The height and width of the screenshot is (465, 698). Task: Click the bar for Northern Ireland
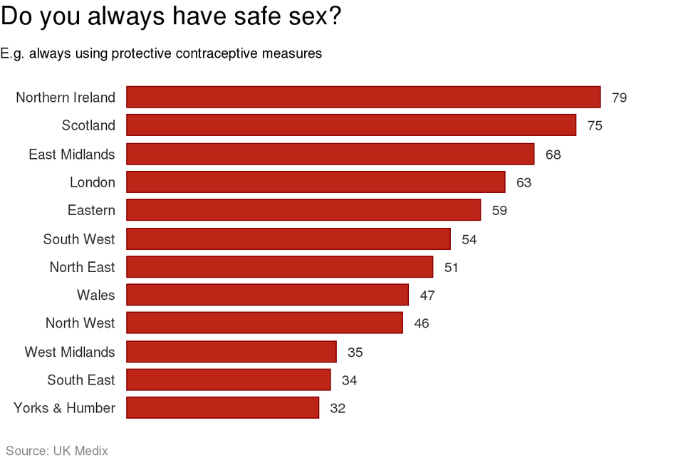pyautogui.click(x=363, y=97)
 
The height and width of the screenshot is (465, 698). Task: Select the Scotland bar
pyautogui.click(x=351, y=125)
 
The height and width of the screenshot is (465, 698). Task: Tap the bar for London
pyautogui.click(x=316, y=182)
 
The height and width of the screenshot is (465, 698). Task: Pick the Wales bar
pyautogui.click(x=267, y=295)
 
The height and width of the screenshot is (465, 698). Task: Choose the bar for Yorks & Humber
pyautogui.click(x=222, y=408)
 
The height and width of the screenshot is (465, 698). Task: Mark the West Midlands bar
pyautogui.click(x=231, y=352)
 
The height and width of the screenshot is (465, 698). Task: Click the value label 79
pyautogui.click(x=619, y=98)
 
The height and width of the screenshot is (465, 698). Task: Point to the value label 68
pyautogui.click(x=553, y=155)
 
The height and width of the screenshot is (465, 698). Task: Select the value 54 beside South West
pyautogui.click(x=469, y=239)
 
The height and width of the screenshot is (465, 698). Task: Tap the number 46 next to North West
pyautogui.click(x=421, y=323)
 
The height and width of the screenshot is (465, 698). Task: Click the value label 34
pyautogui.click(x=349, y=380)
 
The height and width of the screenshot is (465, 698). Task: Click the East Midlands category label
pyautogui.click(x=71, y=154)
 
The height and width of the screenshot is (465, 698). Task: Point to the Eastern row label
pyautogui.click(x=91, y=210)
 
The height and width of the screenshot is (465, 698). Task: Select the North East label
pyautogui.click(x=82, y=267)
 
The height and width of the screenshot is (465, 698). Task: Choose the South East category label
pyautogui.click(x=80, y=380)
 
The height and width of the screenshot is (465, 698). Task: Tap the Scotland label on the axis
pyautogui.click(x=88, y=125)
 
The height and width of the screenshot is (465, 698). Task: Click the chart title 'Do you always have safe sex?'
pyautogui.click(x=171, y=17)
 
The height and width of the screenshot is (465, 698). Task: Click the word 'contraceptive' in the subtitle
pyautogui.click(x=225, y=53)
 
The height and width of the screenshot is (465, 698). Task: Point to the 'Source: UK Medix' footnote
pyautogui.click(x=57, y=450)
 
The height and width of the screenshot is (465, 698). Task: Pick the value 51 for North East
pyautogui.click(x=451, y=268)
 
